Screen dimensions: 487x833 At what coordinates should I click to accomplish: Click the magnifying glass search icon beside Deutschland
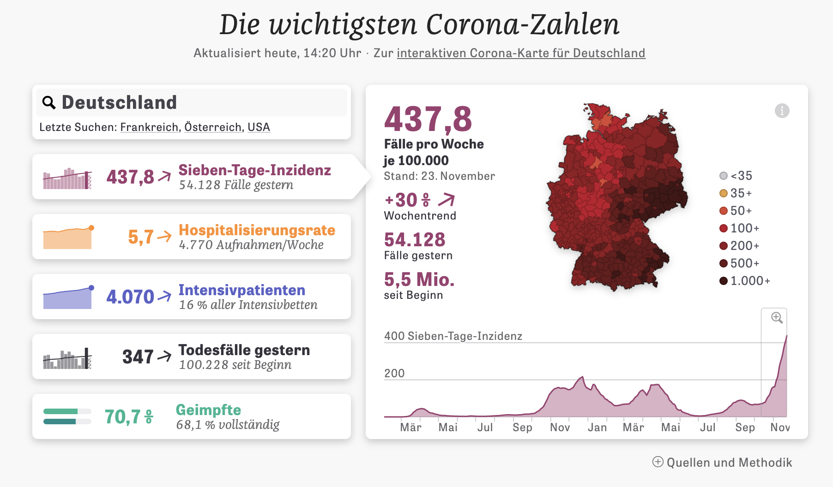pos(49,102)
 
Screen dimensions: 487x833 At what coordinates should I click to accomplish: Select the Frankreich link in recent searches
pos(149,127)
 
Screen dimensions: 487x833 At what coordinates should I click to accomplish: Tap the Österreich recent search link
pos(213,127)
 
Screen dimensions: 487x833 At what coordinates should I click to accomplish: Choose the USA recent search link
pos(259,127)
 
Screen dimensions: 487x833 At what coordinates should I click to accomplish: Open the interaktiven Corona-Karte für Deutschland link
pos(520,53)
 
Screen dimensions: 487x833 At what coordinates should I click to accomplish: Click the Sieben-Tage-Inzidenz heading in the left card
pos(254,170)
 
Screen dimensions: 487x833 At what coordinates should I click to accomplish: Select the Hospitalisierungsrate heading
pos(257,230)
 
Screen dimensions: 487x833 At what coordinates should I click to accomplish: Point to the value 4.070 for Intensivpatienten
pos(130,297)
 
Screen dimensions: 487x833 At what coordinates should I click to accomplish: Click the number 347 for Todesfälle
pos(138,357)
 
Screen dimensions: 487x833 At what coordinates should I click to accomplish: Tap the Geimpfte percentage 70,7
pos(123,417)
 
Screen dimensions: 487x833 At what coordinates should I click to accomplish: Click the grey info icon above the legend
pos(782,111)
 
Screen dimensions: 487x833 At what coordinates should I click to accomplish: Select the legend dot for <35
pos(724,176)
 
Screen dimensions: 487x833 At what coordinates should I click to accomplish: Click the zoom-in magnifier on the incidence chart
pos(777,318)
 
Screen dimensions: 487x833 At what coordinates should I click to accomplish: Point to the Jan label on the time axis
pos(597,428)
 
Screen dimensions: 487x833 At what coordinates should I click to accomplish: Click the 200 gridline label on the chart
pos(394,373)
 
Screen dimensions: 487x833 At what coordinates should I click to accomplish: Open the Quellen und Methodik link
pos(729,463)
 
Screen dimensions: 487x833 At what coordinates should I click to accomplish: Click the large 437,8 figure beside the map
pos(428,119)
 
